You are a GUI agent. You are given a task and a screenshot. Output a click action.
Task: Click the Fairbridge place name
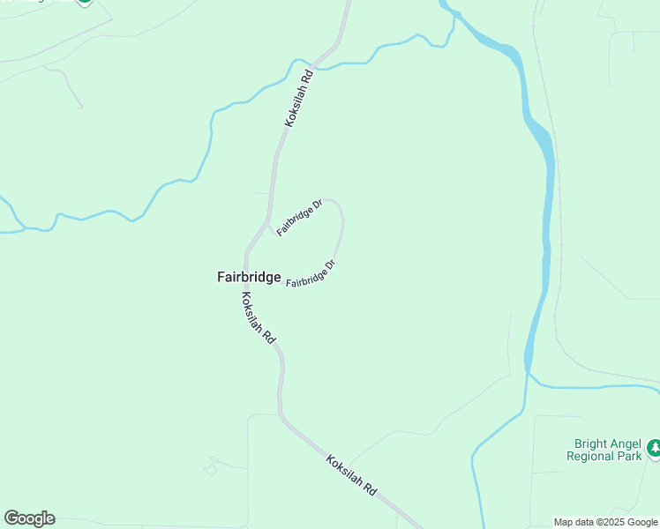click(249, 277)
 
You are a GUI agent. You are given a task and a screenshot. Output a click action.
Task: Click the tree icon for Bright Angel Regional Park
click(654, 448)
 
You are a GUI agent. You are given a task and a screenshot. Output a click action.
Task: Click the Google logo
click(29, 518)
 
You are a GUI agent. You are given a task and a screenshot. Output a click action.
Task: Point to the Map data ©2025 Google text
click(606, 522)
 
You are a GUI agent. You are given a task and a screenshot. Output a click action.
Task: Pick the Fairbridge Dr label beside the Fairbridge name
click(311, 273)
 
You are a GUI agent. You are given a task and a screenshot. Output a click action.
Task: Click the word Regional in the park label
click(593, 457)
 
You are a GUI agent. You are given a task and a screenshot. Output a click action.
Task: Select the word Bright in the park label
click(590, 443)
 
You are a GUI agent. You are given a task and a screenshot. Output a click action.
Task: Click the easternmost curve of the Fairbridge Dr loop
click(342, 225)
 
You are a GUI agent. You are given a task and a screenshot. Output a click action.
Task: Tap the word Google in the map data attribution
click(641, 522)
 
